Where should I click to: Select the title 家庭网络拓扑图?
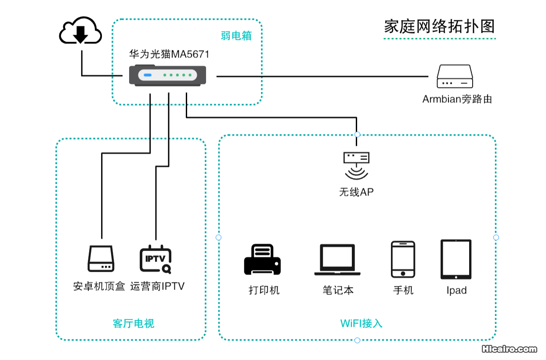click(x=439, y=26)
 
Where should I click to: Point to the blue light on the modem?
click(x=148, y=76)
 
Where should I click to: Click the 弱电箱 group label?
click(x=236, y=36)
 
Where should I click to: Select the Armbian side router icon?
click(x=455, y=76)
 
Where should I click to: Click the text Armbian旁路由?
click(x=457, y=99)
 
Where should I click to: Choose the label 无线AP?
click(x=356, y=192)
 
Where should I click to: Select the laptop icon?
click(x=337, y=260)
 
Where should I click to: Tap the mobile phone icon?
click(x=403, y=259)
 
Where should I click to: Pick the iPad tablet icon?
click(x=456, y=259)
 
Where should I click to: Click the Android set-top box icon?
click(x=100, y=259)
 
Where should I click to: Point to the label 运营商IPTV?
click(x=157, y=287)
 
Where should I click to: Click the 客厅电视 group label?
click(x=134, y=324)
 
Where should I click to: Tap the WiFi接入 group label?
click(x=361, y=324)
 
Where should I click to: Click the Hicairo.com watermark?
click(x=509, y=349)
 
